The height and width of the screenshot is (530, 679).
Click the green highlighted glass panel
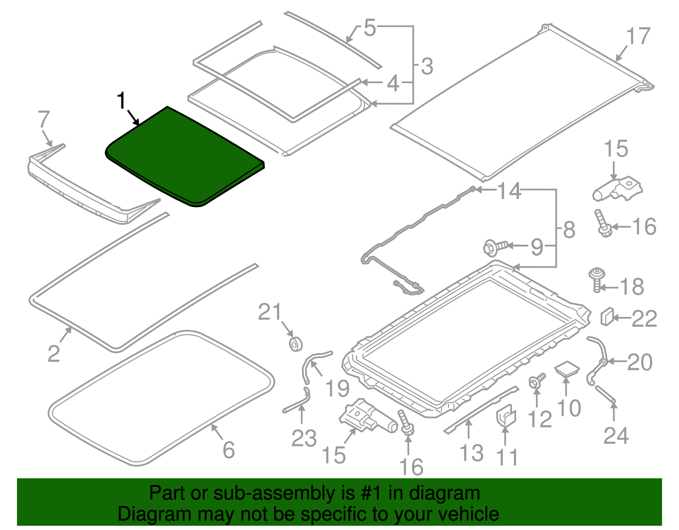coord(185,157)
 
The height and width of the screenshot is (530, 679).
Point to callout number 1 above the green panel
coord(121,101)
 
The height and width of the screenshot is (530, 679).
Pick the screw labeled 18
coord(597,278)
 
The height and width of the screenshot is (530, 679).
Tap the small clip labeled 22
coord(606,316)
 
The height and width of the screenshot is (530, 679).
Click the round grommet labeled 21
coord(295,343)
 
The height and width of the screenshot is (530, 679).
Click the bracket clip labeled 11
coord(505,416)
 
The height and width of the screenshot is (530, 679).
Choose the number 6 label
coord(229,450)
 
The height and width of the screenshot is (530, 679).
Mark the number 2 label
coord(53,353)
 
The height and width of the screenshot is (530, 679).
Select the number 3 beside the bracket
coord(427,67)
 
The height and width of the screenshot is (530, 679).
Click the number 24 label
coord(616,435)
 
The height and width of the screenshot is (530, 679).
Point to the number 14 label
coord(509,191)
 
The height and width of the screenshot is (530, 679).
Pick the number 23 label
coord(304,438)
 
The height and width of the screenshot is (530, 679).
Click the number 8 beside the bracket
coord(569,230)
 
